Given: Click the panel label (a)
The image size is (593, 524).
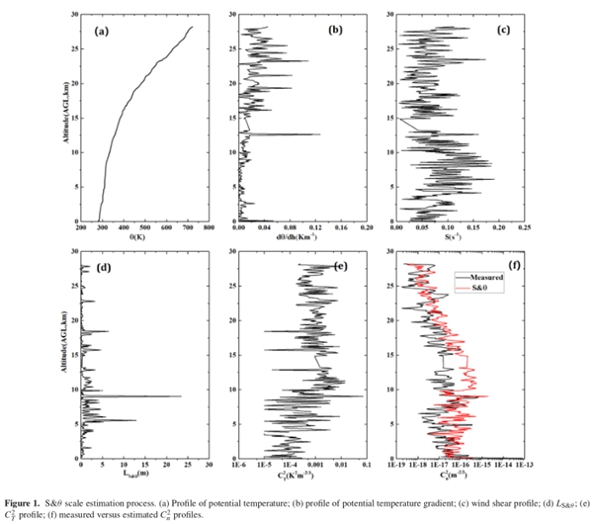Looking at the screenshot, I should click(x=101, y=33).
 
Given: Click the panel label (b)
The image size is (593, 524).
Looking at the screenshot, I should click(x=335, y=32).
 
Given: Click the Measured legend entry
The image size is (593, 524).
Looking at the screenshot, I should click(x=490, y=278).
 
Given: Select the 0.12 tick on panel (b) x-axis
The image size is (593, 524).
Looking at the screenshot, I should click(x=316, y=228).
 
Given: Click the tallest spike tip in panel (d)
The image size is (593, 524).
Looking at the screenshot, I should click(x=182, y=396).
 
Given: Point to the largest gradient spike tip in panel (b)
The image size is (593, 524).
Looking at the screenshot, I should click(x=320, y=134).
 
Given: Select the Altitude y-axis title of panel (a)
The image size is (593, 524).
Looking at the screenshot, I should click(x=66, y=119).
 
